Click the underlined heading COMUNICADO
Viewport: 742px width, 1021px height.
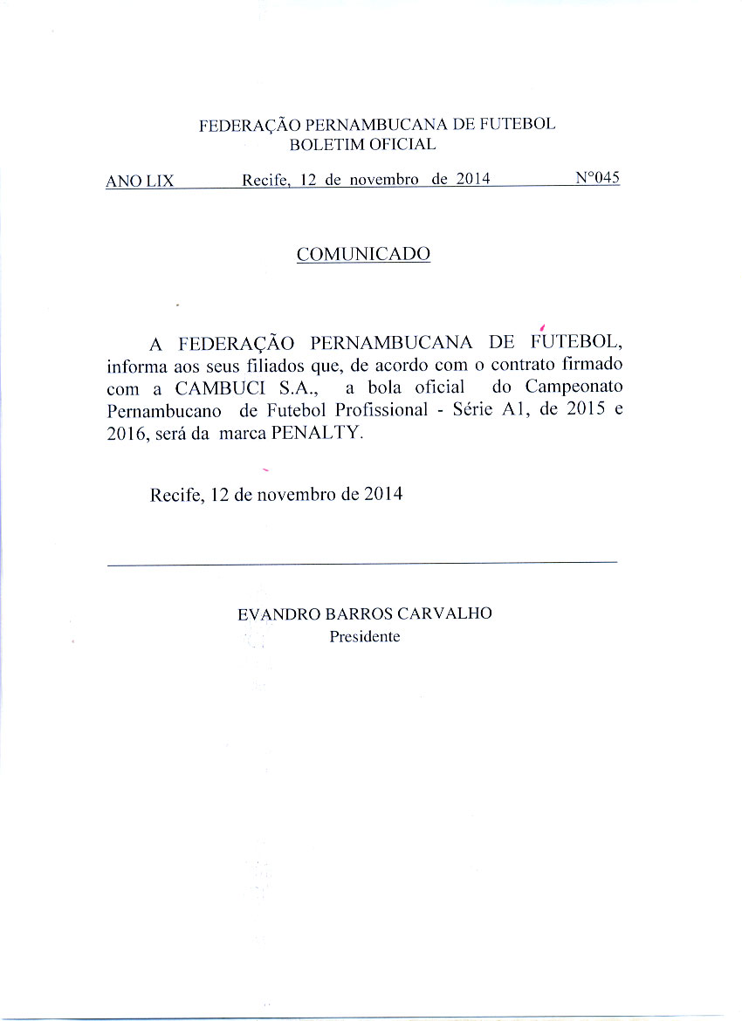(363, 254)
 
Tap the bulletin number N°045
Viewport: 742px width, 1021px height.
(598, 178)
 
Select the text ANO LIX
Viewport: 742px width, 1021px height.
(140, 182)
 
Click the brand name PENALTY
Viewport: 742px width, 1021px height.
(317, 433)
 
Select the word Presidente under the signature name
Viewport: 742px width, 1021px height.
(364, 637)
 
